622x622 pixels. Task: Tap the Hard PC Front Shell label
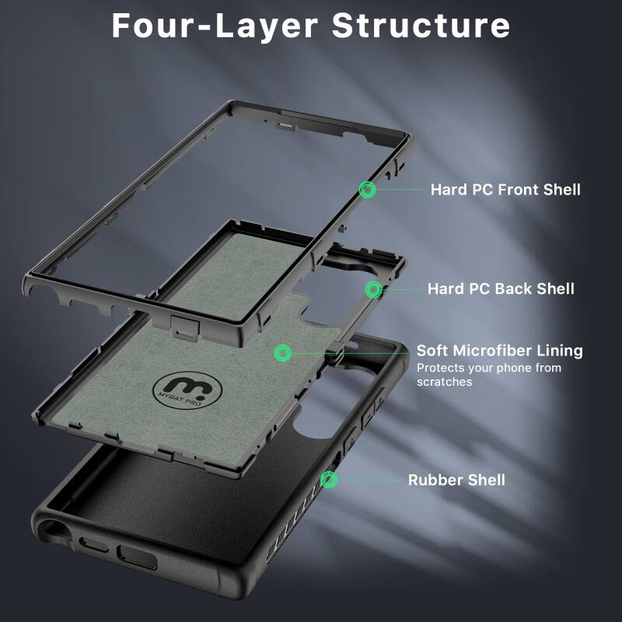click(x=505, y=189)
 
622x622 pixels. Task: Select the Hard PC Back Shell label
click(x=501, y=288)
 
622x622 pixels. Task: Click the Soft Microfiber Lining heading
click(x=499, y=351)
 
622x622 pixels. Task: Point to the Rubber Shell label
click(x=456, y=480)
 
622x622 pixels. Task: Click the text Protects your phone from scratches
click(x=488, y=375)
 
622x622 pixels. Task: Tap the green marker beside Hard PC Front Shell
click(x=368, y=189)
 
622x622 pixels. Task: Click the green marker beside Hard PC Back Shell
click(x=373, y=289)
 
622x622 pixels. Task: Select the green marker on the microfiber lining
click(x=284, y=353)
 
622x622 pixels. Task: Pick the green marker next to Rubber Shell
click(x=330, y=480)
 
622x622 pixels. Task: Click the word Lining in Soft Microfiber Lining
click(x=558, y=351)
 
